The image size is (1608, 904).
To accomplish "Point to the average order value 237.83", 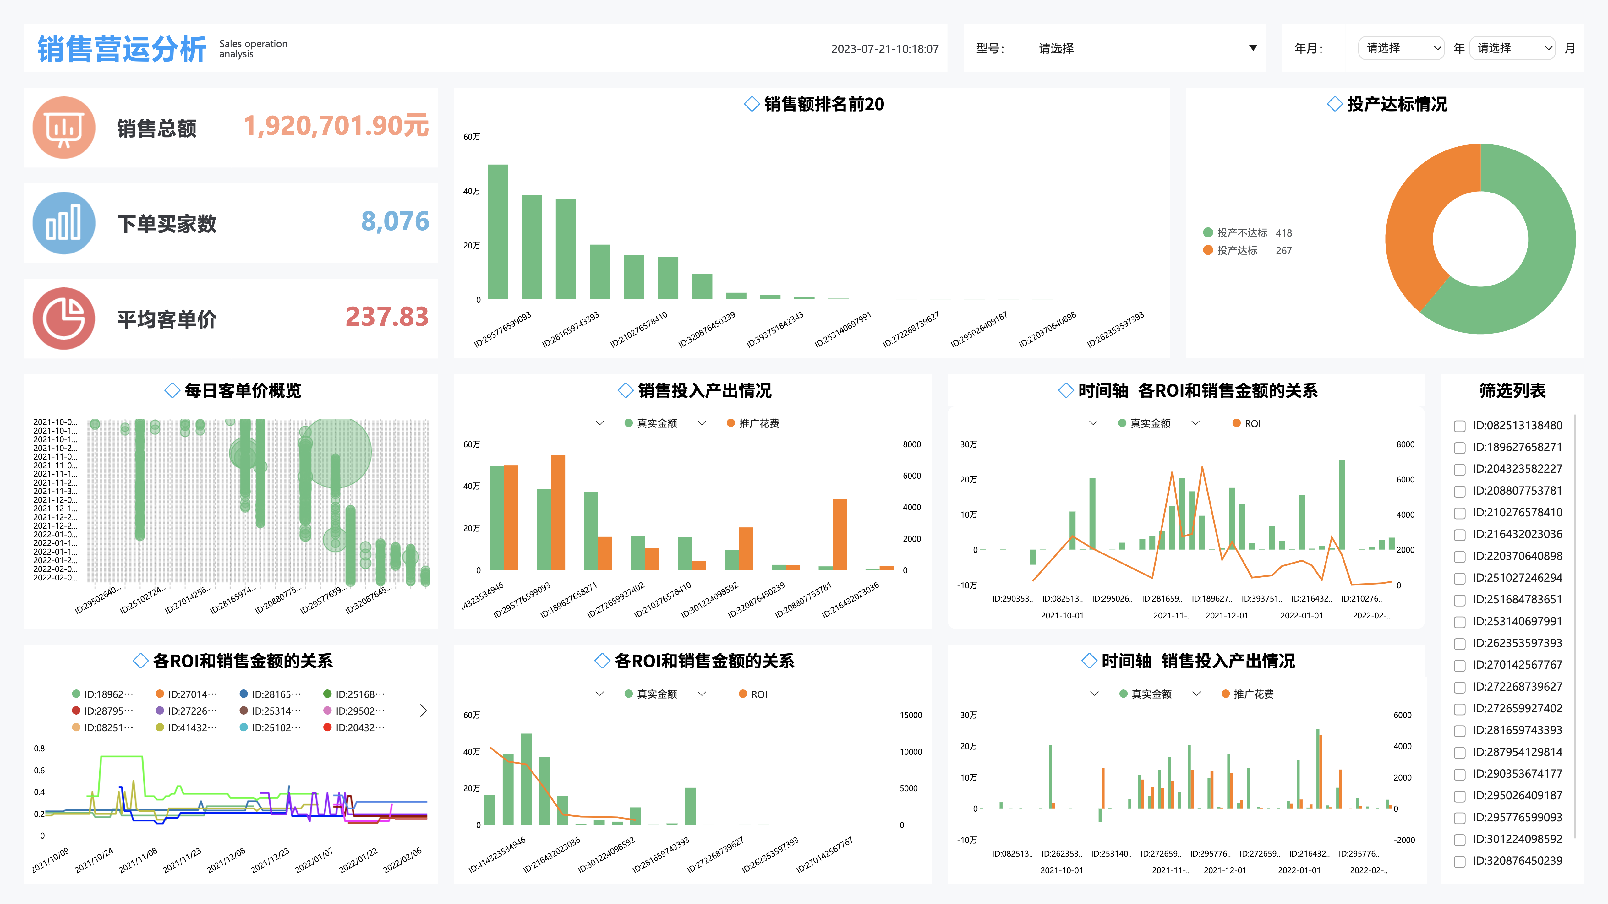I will tap(387, 317).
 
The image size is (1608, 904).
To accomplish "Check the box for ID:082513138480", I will tap(1459, 426).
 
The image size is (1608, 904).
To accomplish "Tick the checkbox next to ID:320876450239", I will tap(1459, 862).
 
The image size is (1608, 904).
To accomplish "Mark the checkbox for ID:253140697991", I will tap(1459, 622).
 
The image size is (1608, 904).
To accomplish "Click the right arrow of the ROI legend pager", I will tap(423, 711).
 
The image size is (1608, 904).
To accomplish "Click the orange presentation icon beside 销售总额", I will tap(64, 127).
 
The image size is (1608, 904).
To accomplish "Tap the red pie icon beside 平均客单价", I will tap(64, 318).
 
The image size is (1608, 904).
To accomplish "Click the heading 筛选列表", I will tap(1512, 390).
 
